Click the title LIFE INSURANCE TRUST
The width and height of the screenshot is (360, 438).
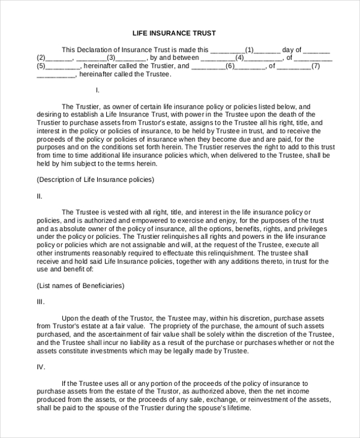coord(174,33)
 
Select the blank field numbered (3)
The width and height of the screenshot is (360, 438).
coord(111,58)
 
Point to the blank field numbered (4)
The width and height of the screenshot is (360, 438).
coord(240,58)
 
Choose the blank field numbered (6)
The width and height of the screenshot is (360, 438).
coord(229,67)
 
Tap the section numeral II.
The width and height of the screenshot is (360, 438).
coord(40,196)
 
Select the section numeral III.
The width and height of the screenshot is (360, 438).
coord(41,302)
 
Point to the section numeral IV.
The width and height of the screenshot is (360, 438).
coord(41,366)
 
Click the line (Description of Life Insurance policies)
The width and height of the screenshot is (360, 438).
coord(95,179)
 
